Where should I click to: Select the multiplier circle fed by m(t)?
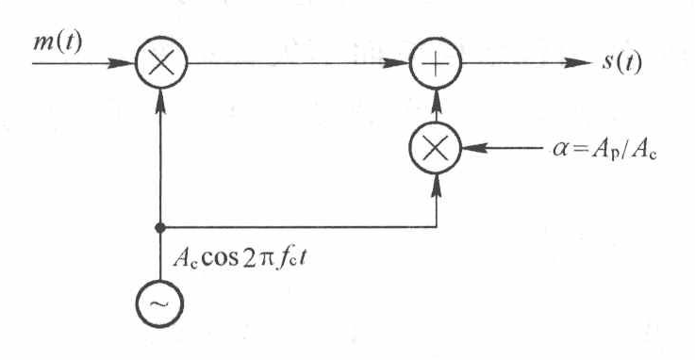pyautogui.click(x=162, y=65)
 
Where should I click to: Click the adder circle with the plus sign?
pyautogui.click(x=436, y=65)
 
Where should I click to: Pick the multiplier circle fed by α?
pyautogui.click(x=436, y=149)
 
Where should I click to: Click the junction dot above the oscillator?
pyautogui.click(x=162, y=227)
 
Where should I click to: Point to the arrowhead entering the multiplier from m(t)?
pyautogui.click(x=124, y=65)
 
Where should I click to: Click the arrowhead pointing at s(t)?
pyautogui.click(x=576, y=65)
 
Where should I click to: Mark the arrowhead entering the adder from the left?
pyautogui.click(x=398, y=65)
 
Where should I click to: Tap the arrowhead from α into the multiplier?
pyautogui.click(x=474, y=149)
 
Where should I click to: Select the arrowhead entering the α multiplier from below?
pyautogui.click(x=436, y=185)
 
